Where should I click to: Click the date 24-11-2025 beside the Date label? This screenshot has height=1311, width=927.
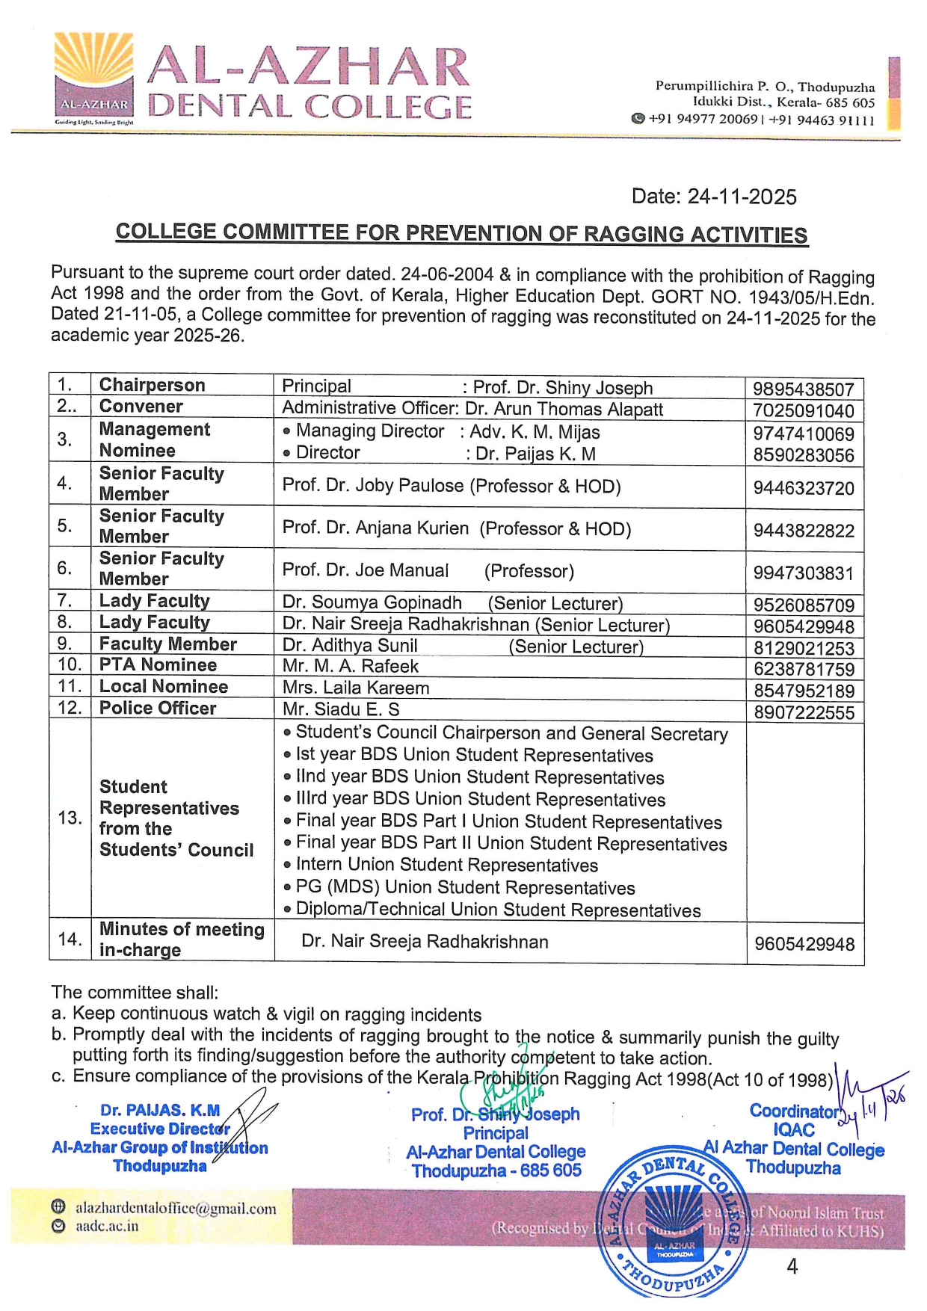[742, 197]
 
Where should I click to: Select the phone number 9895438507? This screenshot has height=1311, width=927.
[803, 389]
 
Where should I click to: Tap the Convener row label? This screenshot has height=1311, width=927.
[141, 407]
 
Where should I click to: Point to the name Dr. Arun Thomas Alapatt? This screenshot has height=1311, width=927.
[564, 410]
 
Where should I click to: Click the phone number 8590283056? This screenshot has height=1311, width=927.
[803, 455]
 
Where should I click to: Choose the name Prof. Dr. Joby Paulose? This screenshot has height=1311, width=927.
[373, 486]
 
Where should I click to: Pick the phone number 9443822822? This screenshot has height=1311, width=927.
[803, 531]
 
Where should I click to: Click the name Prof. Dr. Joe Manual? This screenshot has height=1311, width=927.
[366, 571]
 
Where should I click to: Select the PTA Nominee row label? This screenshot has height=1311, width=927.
[158, 665]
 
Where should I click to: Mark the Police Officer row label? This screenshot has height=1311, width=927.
[158, 709]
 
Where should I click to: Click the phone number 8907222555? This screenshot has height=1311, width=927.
[804, 713]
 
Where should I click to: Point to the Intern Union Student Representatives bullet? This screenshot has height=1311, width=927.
[446, 866]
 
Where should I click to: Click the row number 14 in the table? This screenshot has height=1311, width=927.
[70, 940]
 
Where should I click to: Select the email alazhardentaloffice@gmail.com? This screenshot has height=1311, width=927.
[176, 1209]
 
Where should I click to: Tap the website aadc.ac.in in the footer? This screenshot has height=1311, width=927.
[107, 1227]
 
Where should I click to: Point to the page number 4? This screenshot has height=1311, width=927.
[792, 1266]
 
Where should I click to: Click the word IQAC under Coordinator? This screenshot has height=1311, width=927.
[794, 1130]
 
